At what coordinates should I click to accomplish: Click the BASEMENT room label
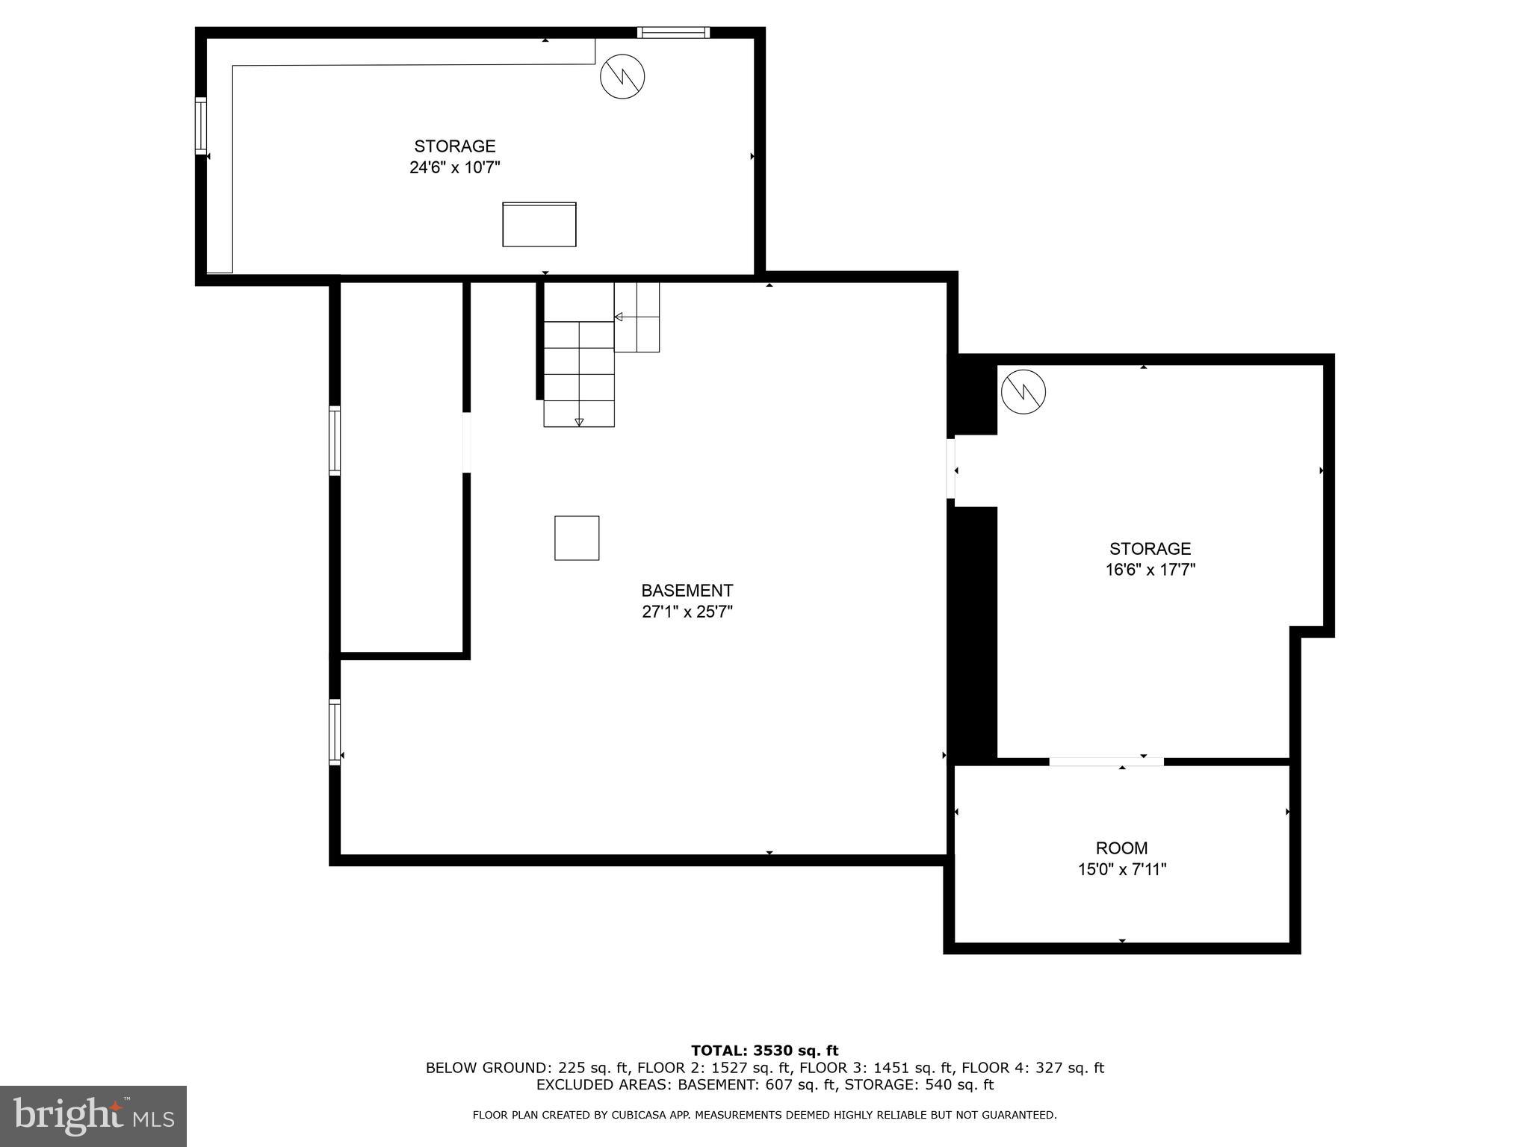[687, 591]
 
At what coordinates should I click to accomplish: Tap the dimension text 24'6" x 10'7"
[454, 167]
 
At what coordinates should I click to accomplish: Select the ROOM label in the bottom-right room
[1121, 848]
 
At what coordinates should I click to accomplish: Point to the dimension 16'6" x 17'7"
[1150, 570]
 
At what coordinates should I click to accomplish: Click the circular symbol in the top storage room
[622, 76]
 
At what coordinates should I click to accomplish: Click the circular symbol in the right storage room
[1023, 391]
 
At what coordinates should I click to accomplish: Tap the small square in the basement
[576, 538]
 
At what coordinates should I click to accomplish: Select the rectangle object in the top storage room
[539, 224]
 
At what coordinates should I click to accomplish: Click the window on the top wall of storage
[672, 32]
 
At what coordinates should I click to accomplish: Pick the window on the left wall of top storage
[200, 125]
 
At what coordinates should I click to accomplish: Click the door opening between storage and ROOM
[1106, 761]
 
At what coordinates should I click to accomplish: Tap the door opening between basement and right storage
[950, 469]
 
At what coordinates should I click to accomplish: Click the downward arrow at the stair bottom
[579, 422]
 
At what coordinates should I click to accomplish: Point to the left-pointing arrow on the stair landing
[619, 317]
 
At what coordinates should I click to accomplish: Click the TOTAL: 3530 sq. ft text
[764, 1051]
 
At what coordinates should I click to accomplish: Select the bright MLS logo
[93, 1116]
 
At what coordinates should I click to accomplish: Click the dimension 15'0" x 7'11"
[1121, 869]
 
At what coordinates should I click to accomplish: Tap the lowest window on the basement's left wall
[335, 732]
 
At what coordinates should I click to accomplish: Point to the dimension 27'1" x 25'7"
[687, 612]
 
